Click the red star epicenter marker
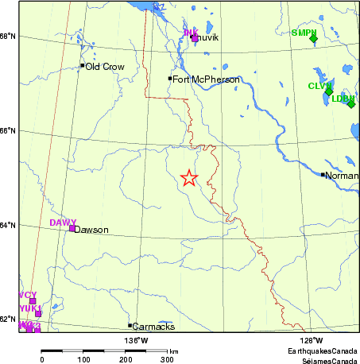(188, 178)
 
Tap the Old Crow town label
(105, 67)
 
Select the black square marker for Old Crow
(82, 66)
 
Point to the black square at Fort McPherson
(170, 78)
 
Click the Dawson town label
(91, 230)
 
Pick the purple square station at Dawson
(72, 229)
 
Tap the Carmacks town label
(153, 326)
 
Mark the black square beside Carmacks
(130, 325)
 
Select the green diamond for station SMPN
(313, 38)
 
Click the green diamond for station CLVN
(329, 91)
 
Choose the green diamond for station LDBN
(350, 103)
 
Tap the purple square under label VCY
(33, 301)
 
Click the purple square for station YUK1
(37, 314)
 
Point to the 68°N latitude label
(8, 37)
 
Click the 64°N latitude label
(8, 226)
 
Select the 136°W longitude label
(136, 340)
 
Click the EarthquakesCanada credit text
(323, 350)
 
